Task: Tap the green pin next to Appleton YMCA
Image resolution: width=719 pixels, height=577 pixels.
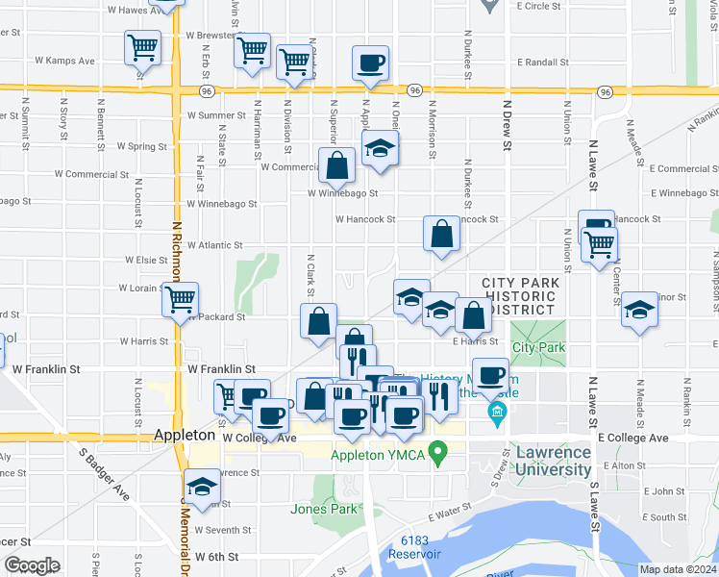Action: coord(438,450)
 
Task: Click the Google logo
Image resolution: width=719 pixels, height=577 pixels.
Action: coord(33,565)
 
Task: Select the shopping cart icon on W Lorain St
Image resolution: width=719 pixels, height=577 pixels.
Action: coord(180,300)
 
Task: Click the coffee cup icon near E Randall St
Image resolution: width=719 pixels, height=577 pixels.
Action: coord(371,63)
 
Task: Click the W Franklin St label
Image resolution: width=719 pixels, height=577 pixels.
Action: coord(221,368)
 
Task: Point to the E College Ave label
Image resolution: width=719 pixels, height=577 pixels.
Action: coord(632,438)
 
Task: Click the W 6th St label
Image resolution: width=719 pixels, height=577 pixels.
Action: coord(216,557)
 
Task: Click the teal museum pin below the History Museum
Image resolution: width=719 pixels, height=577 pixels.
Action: coord(497,415)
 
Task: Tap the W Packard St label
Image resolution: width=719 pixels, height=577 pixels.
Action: coord(217,316)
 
